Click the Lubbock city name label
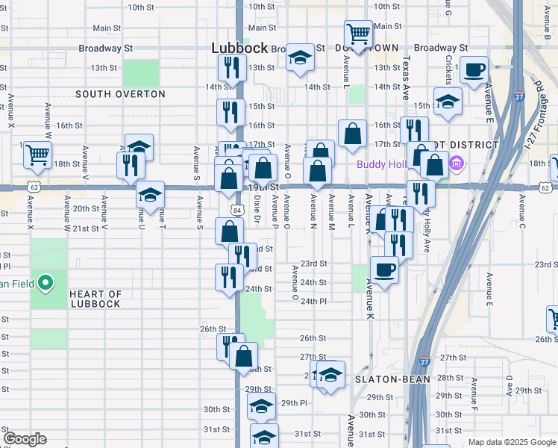239,47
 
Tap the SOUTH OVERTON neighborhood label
120,94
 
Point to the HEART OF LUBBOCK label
95,299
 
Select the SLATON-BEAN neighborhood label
392,379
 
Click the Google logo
24,439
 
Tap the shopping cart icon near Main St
358,34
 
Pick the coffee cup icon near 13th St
474,72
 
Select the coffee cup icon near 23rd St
384,270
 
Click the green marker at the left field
45,283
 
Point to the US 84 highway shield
236,211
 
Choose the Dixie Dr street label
257,209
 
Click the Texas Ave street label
407,80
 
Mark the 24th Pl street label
313,301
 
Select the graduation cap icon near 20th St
150,195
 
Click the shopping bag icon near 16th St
352,134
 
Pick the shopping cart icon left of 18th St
37,155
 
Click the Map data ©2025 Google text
512,442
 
